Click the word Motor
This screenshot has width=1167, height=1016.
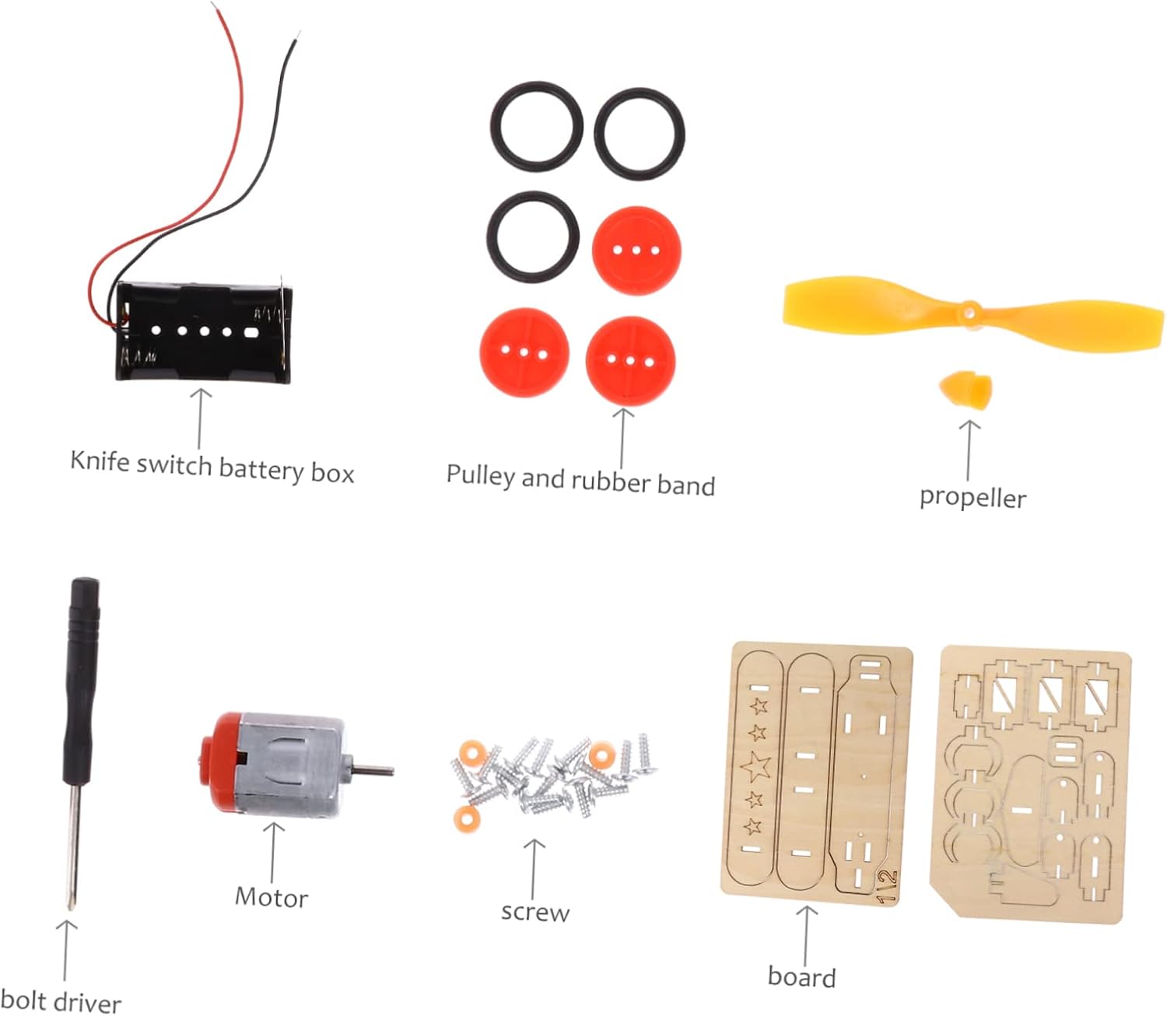pyautogui.click(x=272, y=897)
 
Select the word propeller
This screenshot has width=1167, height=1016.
pyautogui.click(x=972, y=497)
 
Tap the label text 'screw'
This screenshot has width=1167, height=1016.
pyautogui.click(x=534, y=911)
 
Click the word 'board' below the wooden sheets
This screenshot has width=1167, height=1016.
pyautogui.click(x=801, y=976)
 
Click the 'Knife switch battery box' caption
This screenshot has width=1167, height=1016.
pyautogui.click(x=212, y=466)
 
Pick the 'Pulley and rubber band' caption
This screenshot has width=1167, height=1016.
pyautogui.click(x=580, y=479)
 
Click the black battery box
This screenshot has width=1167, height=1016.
pyautogui.click(x=204, y=331)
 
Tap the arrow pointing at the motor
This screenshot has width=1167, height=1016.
pyautogui.click(x=272, y=852)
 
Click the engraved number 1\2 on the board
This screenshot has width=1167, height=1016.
pyautogui.click(x=887, y=886)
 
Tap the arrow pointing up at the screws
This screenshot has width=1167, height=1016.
pyautogui.click(x=534, y=867)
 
